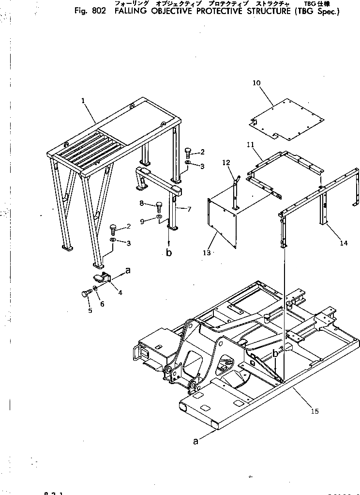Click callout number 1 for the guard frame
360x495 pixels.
(x=83, y=101)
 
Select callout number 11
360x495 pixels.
(x=251, y=144)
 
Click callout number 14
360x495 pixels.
(x=344, y=243)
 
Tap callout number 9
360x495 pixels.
(x=142, y=221)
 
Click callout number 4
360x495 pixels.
(x=120, y=293)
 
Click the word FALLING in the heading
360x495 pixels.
(x=131, y=12)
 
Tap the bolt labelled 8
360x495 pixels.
(x=159, y=204)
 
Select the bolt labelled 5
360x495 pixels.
(x=86, y=293)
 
